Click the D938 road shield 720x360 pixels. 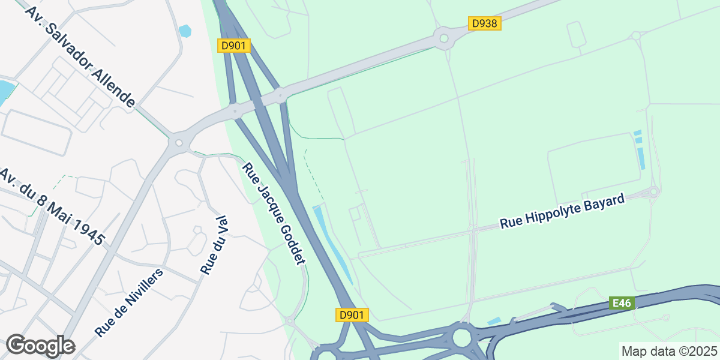click(x=484, y=23)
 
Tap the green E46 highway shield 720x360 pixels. click(x=622, y=303)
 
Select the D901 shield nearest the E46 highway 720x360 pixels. click(x=352, y=315)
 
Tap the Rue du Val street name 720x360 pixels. click(x=215, y=246)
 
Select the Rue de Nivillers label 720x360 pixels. click(x=129, y=302)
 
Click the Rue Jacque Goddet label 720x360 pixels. click(x=274, y=213)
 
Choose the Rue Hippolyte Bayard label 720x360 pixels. click(x=562, y=211)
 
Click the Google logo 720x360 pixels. click(x=40, y=346)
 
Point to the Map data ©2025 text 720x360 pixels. click(x=668, y=351)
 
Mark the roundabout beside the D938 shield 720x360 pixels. click(x=443, y=39)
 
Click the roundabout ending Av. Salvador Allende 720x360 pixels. click(x=178, y=143)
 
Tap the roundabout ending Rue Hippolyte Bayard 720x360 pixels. click(x=653, y=192)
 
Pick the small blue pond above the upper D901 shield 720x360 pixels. click(x=185, y=31)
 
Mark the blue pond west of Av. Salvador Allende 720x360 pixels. click(x=5, y=92)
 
